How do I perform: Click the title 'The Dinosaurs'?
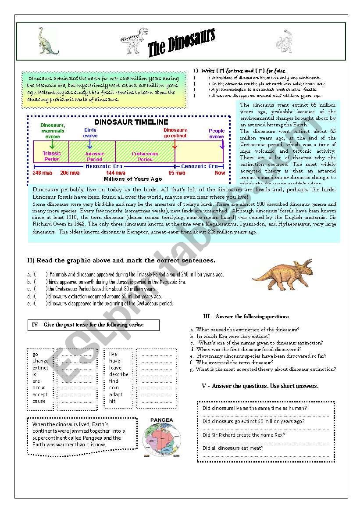tap(181, 43)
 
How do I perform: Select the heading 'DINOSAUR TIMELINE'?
tap(131, 122)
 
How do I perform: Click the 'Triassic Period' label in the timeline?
tap(52, 156)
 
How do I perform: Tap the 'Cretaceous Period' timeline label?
tap(145, 156)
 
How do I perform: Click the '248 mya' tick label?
tap(42, 173)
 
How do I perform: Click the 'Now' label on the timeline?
tap(220, 173)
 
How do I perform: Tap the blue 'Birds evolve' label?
tap(90, 133)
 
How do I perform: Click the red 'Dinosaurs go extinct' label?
tap(175, 133)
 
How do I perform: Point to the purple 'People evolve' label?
tap(217, 133)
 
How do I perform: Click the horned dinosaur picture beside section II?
tap(283, 275)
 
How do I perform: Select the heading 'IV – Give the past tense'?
tap(88, 325)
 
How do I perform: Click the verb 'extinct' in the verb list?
tap(41, 368)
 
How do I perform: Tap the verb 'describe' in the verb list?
tap(119, 374)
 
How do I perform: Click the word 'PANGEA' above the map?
tap(162, 420)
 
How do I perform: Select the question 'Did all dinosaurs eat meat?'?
tap(233, 448)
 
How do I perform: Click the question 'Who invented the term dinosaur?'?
tap(235, 363)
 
